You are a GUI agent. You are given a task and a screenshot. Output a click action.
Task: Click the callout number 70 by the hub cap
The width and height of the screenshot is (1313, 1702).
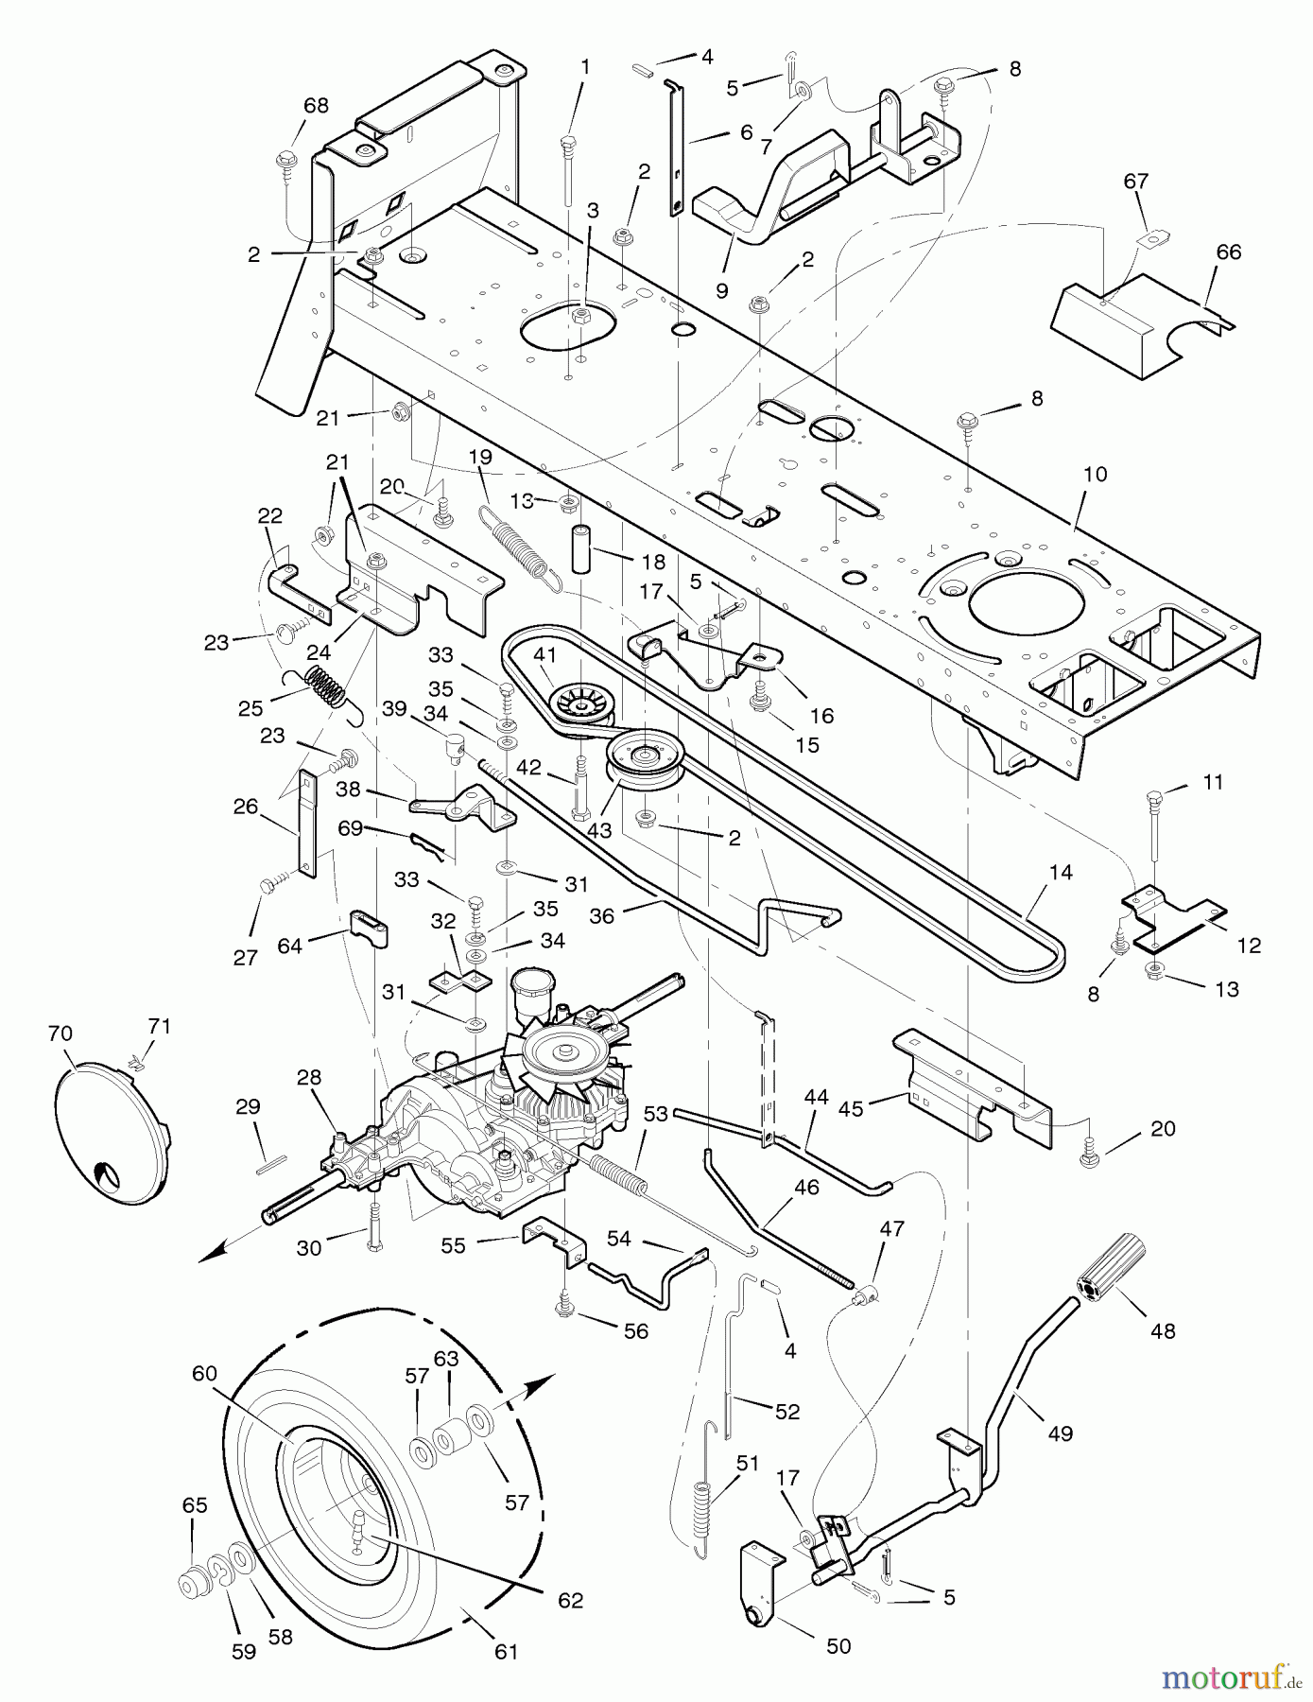tap(60, 1033)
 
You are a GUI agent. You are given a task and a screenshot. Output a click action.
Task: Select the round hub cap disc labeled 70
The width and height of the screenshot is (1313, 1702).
tap(110, 1135)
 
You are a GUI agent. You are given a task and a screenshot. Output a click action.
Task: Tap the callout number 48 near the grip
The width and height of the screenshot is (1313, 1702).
tap(1163, 1330)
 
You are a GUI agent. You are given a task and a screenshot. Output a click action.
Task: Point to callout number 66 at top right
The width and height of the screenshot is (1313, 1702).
tap(1228, 252)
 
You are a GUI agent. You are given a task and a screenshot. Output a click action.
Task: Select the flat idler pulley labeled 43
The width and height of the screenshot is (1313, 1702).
tap(646, 755)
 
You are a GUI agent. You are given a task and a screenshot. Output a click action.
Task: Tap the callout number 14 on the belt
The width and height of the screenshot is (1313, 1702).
tap(1061, 872)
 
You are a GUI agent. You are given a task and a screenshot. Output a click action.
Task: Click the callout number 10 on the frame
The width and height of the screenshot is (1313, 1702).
tap(1095, 474)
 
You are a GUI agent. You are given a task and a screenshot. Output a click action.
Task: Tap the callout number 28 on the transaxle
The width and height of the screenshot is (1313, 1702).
tap(309, 1077)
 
